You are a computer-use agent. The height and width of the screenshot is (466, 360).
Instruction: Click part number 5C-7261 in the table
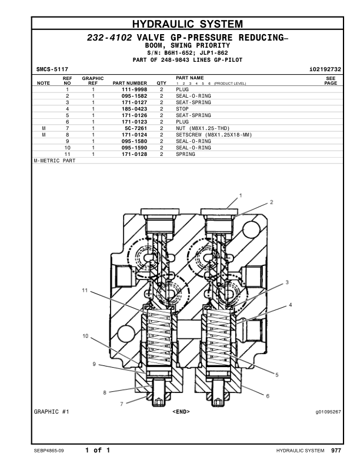pyautogui.click(x=135, y=128)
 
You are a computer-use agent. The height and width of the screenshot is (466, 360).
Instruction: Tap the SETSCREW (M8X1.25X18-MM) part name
pyautogui.click(x=214, y=134)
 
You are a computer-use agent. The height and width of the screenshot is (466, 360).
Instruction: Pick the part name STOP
pyautogui.click(x=182, y=108)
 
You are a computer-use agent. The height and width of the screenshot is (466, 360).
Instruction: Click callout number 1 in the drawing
pyautogui.click(x=241, y=195)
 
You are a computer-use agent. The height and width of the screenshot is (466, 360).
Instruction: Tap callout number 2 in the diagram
pyautogui.click(x=272, y=202)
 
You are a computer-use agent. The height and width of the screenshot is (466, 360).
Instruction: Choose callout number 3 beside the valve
pyautogui.click(x=287, y=282)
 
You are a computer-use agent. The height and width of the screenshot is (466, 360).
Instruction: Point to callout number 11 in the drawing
pyautogui.click(x=85, y=291)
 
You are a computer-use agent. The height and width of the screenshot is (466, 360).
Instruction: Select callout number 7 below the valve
pyautogui.click(x=122, y=404)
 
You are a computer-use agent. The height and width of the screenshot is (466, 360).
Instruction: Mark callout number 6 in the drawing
pyautogui.click(x=268, y=396)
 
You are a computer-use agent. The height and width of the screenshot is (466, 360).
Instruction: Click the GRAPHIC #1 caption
pyautogui.click(x=52, y=411)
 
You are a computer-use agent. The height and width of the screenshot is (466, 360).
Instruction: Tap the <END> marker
pyautogui.click(x=181, y=411)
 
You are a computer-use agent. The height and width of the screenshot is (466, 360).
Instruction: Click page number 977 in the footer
pyautogui.click(x=335, y=451)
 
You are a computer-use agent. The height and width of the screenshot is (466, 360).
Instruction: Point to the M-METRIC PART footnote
pyautogui.click(x=55, y=160)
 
